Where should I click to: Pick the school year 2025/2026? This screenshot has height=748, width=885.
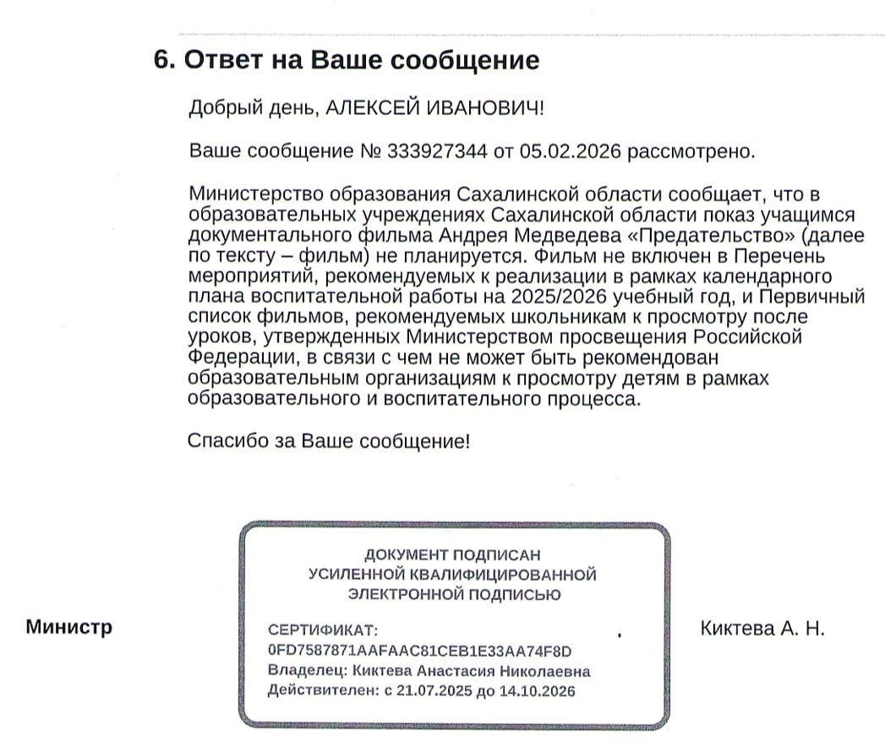click(x=564, y=298)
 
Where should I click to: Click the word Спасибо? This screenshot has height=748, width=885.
click(x=222, y=441)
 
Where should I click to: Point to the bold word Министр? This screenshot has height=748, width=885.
click(x=68, y=628)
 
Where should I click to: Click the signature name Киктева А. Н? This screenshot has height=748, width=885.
click(x=762, y=629)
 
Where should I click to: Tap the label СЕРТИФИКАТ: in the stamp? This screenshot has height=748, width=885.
click(x=320, y=631)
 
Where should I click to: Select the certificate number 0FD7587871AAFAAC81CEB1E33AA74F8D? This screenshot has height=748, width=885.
click(x=419, y=651)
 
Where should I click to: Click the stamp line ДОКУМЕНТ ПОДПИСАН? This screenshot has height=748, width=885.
click(x=451, y=554)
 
